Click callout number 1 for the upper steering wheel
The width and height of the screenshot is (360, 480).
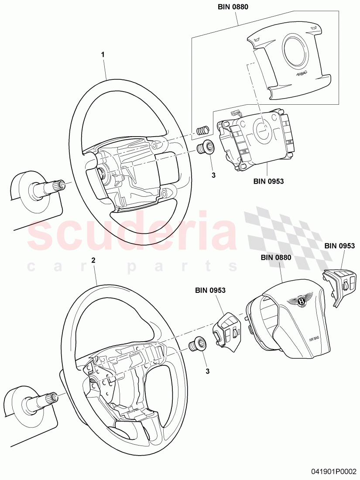click(x=103, y=55)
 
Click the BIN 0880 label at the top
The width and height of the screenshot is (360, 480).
click(x=236, y=7)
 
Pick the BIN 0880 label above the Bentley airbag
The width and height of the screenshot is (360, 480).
click(x=276, y=257)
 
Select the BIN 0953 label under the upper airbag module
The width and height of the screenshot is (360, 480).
click(x=268, y=182)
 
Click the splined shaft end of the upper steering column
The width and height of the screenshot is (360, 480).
click(x=58, y=185)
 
